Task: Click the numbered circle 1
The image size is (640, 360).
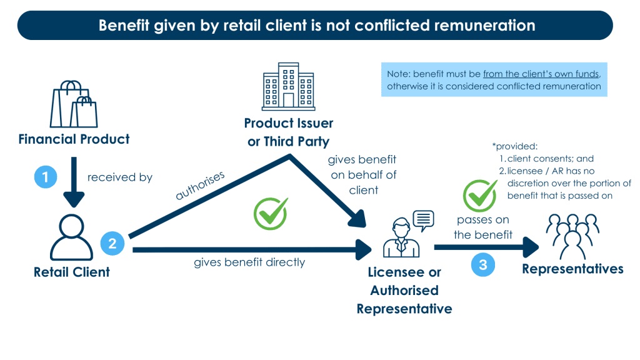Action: coord(45,177)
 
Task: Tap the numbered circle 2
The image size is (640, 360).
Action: coord(112,243)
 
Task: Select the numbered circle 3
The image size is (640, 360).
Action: coord(483,264)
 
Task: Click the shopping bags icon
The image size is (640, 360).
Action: coord(74,104)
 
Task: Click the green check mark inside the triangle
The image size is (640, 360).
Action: coord(270,214)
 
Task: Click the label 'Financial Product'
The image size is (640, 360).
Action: coord(74,139)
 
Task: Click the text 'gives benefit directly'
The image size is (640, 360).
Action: coord(249,262)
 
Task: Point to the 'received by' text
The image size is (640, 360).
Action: coord(120,177)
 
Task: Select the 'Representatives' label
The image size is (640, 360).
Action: coord(572,269)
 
